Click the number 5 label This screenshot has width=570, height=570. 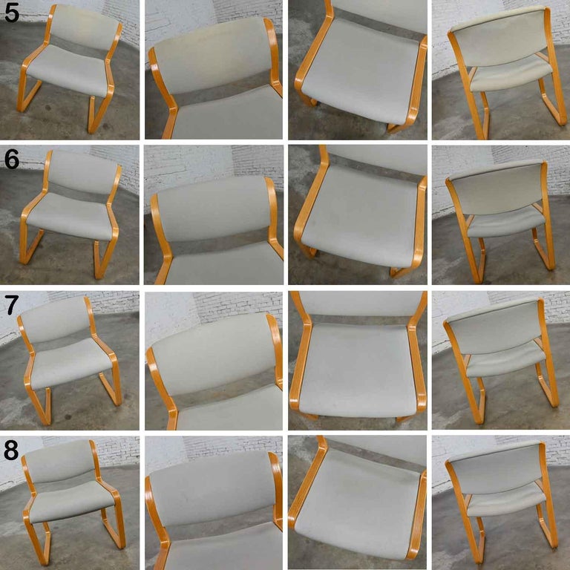(11, 13)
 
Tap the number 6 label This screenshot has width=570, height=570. (11, 158)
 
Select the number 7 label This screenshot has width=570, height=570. (11, 304)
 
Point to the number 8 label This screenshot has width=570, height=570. (11, 450)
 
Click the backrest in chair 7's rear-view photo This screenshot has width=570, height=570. (496, 327)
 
